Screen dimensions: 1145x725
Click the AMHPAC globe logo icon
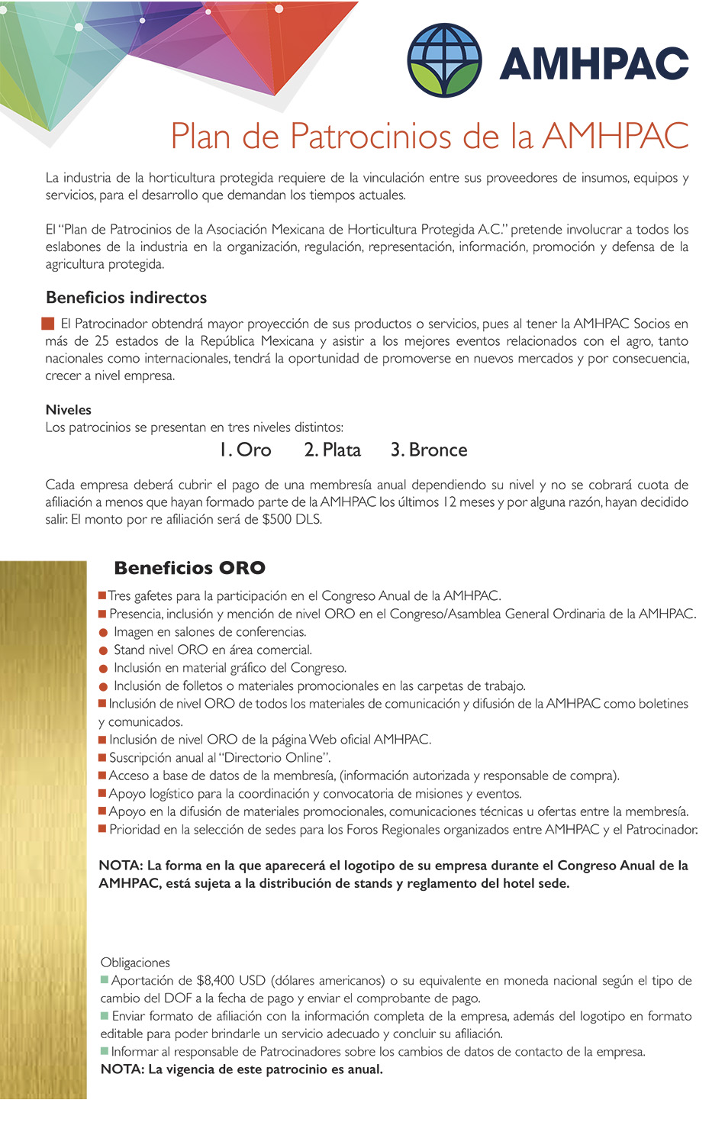tap(445, 60)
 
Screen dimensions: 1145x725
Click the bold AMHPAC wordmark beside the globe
tap(594, 63)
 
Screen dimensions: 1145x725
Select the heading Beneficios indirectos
tap(126, 297)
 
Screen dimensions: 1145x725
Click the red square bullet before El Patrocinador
tap(48, 324)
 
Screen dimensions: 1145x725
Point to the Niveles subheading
tap(68, 410)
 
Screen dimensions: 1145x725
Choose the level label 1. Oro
tap(245, 450)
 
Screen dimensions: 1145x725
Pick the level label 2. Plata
tap(332, 450)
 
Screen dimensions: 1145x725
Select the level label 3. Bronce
tap(429, 450)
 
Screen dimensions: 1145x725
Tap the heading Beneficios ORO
tap(189, 568)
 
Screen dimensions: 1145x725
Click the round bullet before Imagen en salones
tap(103, 633)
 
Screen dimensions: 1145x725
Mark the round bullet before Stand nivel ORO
tap(103, 650)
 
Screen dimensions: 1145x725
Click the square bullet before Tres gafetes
tap(102, 595)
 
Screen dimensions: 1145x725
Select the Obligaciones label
tap(135, 963)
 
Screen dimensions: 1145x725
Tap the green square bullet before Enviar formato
tap(105, 1016)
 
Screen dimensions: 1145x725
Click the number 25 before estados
tap(101, 341)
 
